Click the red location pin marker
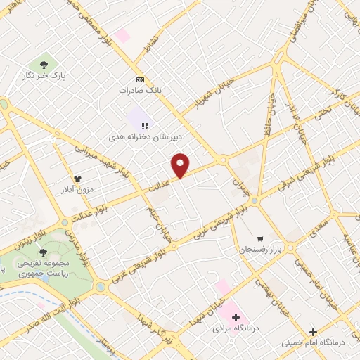point(181,165)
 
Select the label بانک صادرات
point(140,91)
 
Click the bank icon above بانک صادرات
point(140,79)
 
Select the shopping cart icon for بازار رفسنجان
point(261,239)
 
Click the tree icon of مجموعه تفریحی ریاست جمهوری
point(44,251)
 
